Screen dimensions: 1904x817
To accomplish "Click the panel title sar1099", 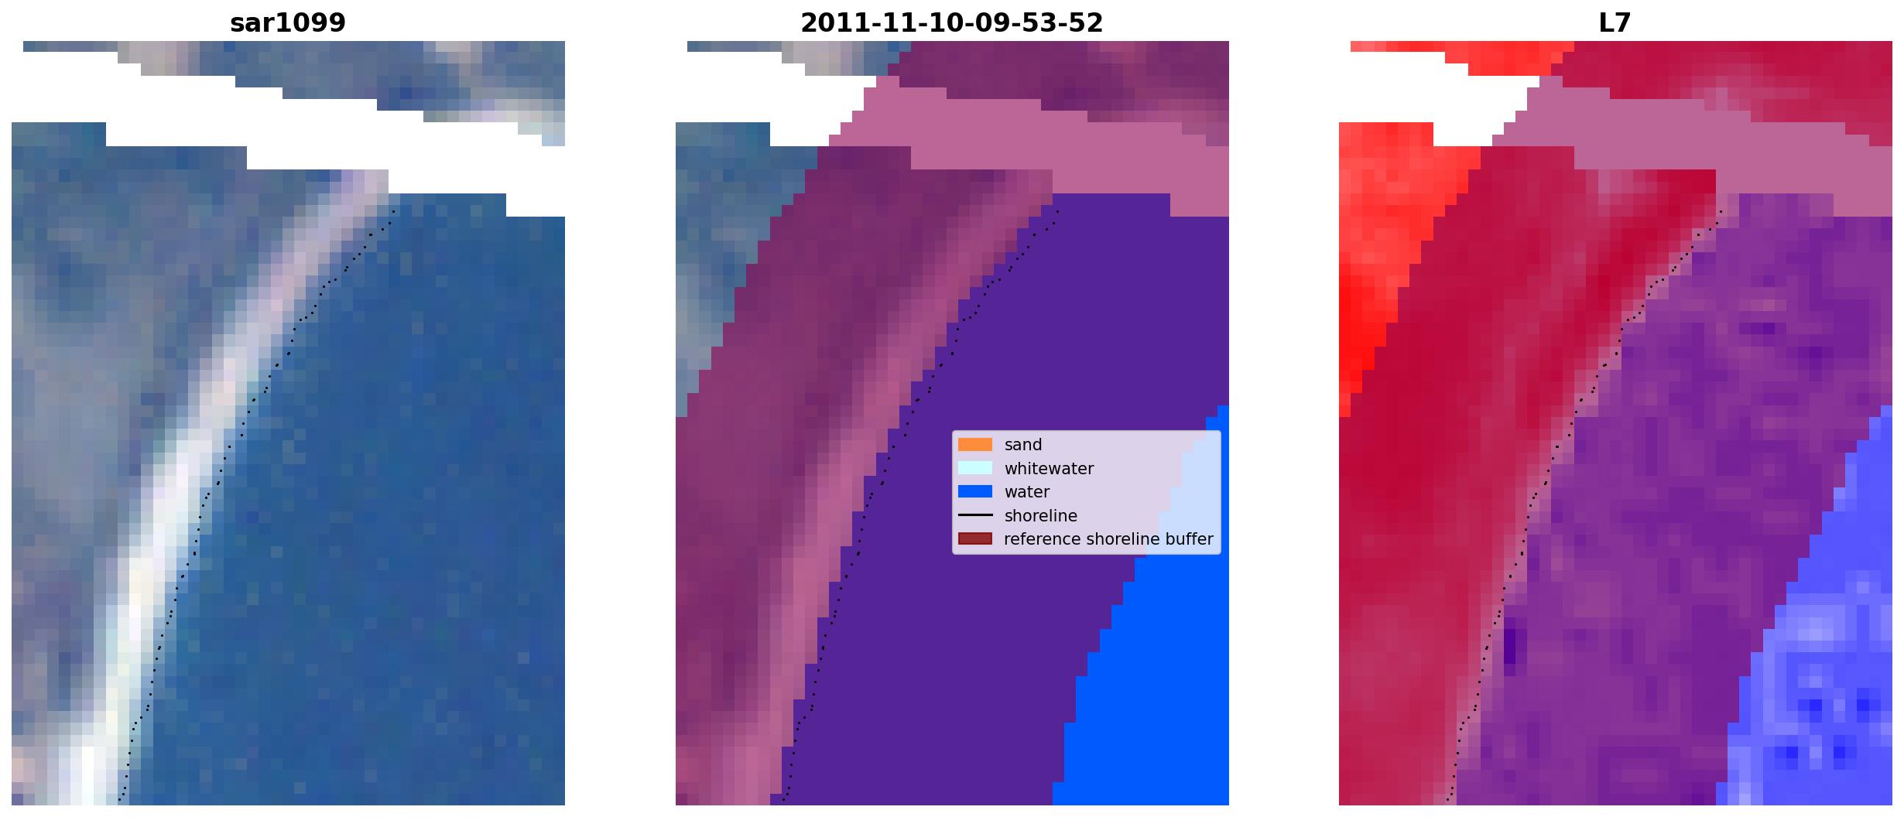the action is click(287, 23).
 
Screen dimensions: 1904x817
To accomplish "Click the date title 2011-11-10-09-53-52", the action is click(952, 23).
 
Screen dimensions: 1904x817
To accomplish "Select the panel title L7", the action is click(1615, 23).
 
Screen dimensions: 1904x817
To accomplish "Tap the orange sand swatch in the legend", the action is click(975, 445).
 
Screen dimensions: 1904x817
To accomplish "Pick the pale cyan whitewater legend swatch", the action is click(975, 468).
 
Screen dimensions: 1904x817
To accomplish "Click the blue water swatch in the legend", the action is click(975, 491).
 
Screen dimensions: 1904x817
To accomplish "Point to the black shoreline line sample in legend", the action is click(975, 515).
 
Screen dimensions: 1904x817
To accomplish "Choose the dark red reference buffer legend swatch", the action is click(975, 538).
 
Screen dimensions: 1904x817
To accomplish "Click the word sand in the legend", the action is click(1023, 445).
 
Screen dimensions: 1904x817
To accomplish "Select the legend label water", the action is click(1027, 492).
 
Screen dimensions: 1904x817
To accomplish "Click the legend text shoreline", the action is click(1041, 516).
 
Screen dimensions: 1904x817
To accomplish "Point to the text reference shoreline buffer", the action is click(1108, 539).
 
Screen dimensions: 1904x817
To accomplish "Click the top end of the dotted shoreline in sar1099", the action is click(394, 210).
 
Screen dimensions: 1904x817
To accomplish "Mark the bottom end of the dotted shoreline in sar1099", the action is click(119, 800).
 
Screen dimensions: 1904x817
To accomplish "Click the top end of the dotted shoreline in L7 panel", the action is click(1721, 210).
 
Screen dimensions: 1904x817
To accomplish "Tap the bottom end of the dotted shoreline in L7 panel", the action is click(1447, 800).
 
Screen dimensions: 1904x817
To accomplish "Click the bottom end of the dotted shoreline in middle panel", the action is click(783, 800).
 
